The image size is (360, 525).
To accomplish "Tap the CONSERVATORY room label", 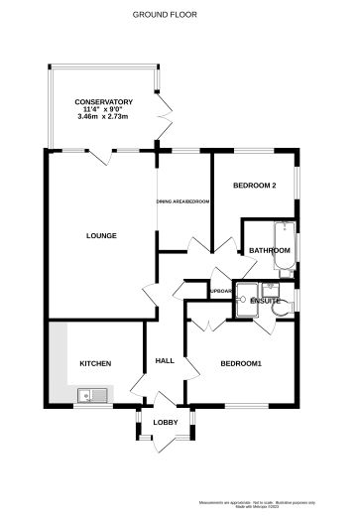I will click(x=103, y=101).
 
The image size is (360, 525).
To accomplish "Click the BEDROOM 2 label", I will click(x=254, y=186).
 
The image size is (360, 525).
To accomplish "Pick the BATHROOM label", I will click(x=269, y=251).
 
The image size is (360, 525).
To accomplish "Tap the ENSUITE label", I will click(x=265, y=300).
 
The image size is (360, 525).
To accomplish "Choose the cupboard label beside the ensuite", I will click(x=221, y=291).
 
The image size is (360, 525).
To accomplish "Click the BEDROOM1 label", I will click(x=241, y=363).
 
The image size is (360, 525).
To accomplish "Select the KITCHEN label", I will click(x=95, y=363).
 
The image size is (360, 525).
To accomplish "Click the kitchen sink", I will click(x=93, y=396).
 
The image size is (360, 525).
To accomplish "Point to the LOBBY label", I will click(x=164, y=424).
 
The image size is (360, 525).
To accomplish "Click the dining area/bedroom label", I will click(x=183, y=201).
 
